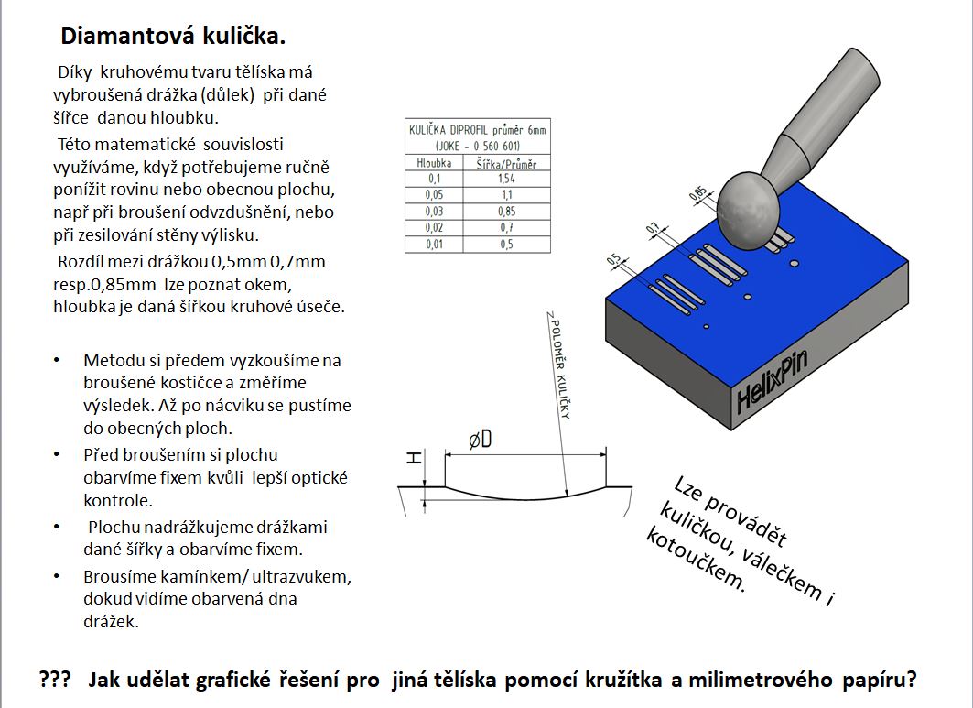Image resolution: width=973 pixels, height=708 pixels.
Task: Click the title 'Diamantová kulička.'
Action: coord(173,37)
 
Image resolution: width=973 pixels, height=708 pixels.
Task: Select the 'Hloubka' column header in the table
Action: coord(434,163)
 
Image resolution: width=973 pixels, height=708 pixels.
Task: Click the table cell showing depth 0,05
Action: coord(434,195)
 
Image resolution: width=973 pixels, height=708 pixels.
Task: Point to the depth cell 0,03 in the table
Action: coord(434,212)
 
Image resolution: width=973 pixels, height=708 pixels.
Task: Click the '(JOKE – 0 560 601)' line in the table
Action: coord(477,146)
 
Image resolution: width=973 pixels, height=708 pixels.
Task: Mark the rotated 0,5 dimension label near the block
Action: coord(613,262)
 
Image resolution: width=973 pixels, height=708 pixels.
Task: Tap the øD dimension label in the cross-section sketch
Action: coord(481,440)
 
